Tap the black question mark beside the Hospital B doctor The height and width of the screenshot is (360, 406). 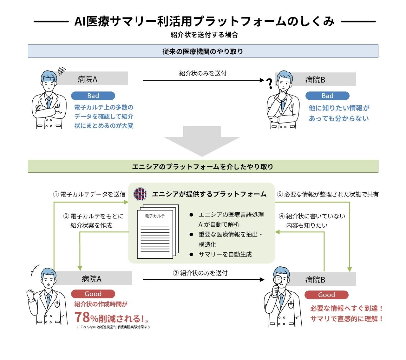click(x=270, y=83)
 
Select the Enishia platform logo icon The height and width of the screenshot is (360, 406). click(x=140, y=194)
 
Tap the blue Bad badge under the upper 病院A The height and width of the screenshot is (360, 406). click(x=93, y=96)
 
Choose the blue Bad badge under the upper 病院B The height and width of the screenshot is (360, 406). click(x=327, y=96)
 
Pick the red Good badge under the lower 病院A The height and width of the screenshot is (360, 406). click(x=93, y=294)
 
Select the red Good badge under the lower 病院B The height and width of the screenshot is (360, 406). click(x=326, y=295)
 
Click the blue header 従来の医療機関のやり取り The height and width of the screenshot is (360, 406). click(x=203, y=51)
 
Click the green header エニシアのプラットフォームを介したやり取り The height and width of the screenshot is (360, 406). click(x=203, y=166)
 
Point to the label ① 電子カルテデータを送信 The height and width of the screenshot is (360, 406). click(x=89, y=194)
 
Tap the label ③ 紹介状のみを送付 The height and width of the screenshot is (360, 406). click(x=200, y=273)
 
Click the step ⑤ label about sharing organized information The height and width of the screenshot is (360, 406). click(x=328, y=194)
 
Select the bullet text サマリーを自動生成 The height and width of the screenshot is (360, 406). click(x=225, y=254)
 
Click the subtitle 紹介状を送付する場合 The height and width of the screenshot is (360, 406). click(x=204, y=35)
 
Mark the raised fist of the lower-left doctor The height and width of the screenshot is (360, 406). click(x=30, y=294)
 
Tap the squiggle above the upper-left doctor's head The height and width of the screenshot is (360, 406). click(x=61, y=70)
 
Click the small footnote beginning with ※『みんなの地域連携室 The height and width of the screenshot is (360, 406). click(x=113, y=327)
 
